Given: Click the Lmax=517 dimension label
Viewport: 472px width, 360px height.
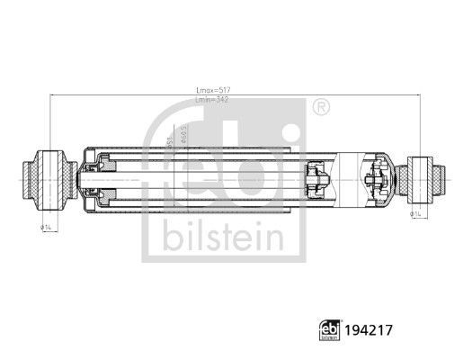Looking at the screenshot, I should (x=212, y=88).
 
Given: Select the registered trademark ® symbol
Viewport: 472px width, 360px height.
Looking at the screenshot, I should (x=320, y=108).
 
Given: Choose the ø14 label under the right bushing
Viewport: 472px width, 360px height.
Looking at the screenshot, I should (x=416, y=214).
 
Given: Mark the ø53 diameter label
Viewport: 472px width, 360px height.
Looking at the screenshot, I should (x=169, y=140).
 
